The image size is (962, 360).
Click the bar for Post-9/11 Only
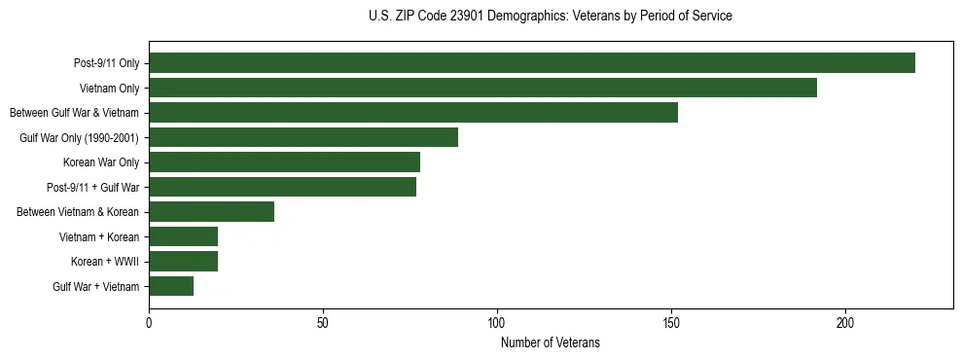(532, 63)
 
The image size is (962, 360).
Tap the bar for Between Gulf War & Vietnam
(413, 113)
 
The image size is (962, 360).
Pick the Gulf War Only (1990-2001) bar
(303, 137)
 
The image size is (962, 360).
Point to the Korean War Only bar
(284, 162)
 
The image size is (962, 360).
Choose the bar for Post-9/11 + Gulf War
(282, 187)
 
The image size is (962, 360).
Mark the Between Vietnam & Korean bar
(211, 212)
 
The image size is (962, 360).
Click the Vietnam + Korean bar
(183, 236)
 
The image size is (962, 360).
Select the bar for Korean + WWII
(183, 262)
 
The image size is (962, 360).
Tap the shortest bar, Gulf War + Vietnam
(171, 286)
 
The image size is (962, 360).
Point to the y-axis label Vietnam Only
(109, 89)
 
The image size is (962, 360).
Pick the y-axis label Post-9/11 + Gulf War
(94, 188)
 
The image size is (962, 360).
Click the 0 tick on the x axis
(149, 321)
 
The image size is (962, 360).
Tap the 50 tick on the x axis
(323, 321)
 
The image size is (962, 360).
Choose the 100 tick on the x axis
(497, 321)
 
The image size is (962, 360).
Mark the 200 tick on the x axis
(845, 321)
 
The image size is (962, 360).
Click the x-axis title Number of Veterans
(551, 342)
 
